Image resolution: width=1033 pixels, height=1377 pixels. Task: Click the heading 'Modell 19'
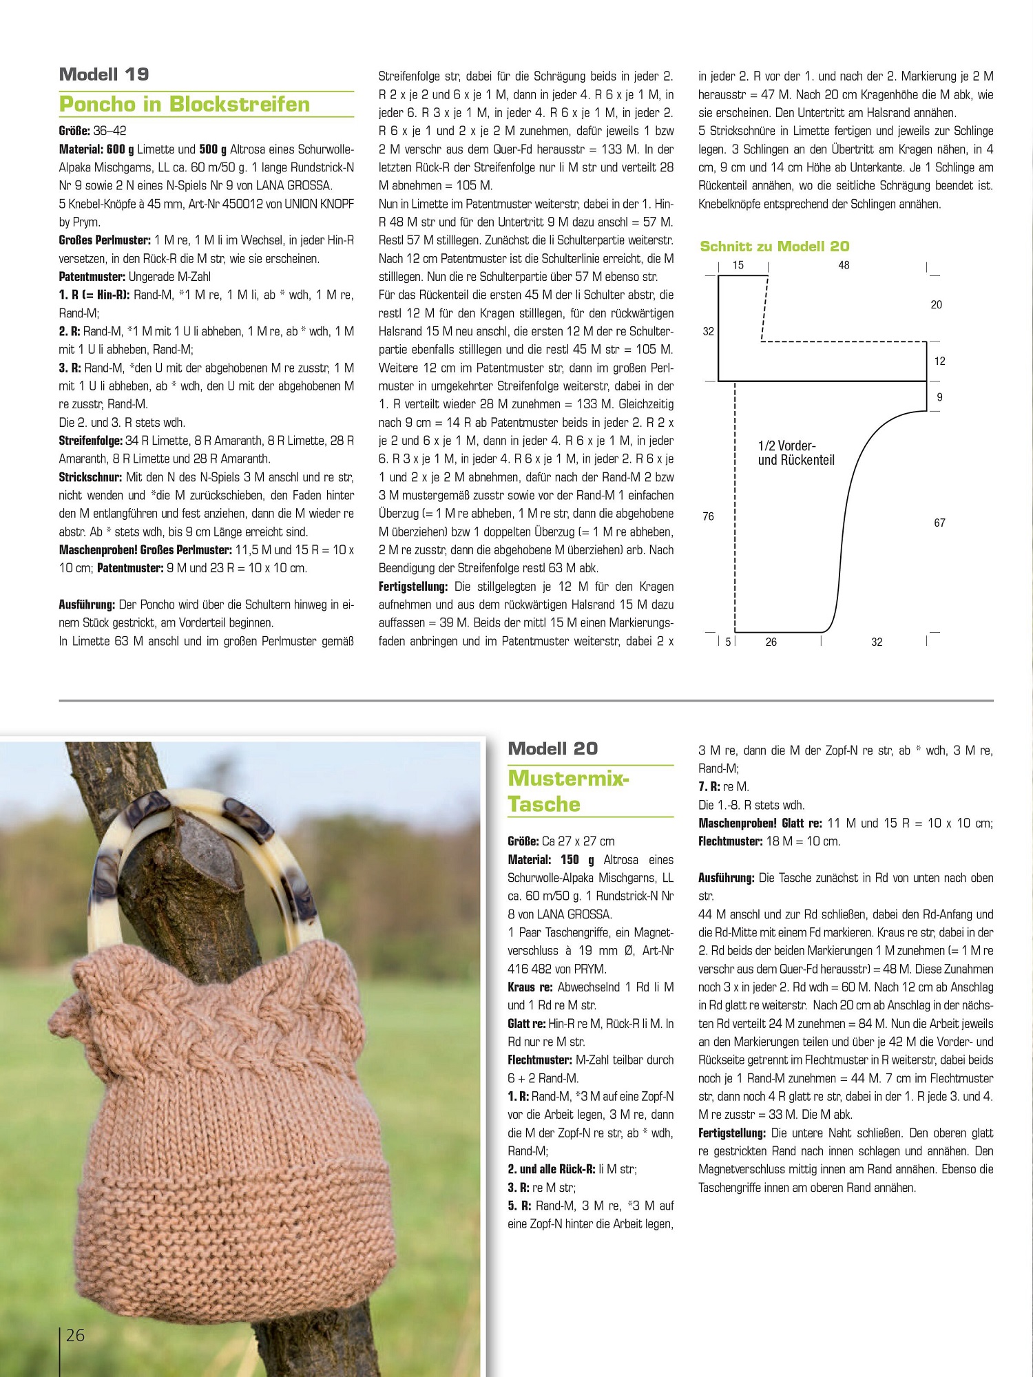pyautogui.click(x=104, y=74)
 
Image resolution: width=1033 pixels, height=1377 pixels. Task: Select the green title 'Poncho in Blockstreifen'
pyautogui.click(x=185, y=104)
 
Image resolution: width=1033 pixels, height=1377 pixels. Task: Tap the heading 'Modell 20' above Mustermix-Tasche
pyautogui.click(x=552, y=748)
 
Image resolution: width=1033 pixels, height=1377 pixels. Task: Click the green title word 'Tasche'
pyautogui.click(x=544, y=804)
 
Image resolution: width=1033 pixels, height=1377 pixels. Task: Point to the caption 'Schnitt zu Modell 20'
pyautogui.click(x=774, y=246)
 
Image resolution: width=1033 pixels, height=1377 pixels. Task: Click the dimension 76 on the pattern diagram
pyautogui.click(x=708, y=516)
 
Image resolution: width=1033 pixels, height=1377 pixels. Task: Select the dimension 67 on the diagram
pyautogui.click(x=939, y=523)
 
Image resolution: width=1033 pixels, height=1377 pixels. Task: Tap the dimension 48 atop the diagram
pyautogui.click(x=844, y=265)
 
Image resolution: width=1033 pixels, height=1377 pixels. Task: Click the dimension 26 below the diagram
pyautogui.click(x=771, y=642)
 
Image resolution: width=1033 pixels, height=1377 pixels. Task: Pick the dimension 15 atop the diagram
pyautogui.click(x=738, y=265)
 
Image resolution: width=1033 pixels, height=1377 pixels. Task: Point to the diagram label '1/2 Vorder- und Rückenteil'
pyautogui.click(x=796, y=453)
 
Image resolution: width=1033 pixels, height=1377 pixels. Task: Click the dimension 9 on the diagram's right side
pyautogui.click(x=939, y=397)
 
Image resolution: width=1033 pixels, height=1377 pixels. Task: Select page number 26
pyautogui.click(x=75, y=1335)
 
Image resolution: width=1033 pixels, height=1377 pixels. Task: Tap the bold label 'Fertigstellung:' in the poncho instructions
pyautogui.click(x=413, y=587)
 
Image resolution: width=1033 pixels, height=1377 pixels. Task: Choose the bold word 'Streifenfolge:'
pyautogui.click(x=90, y=441)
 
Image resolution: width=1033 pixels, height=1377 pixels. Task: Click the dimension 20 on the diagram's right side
pyautogui.click(x=936, y=304)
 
